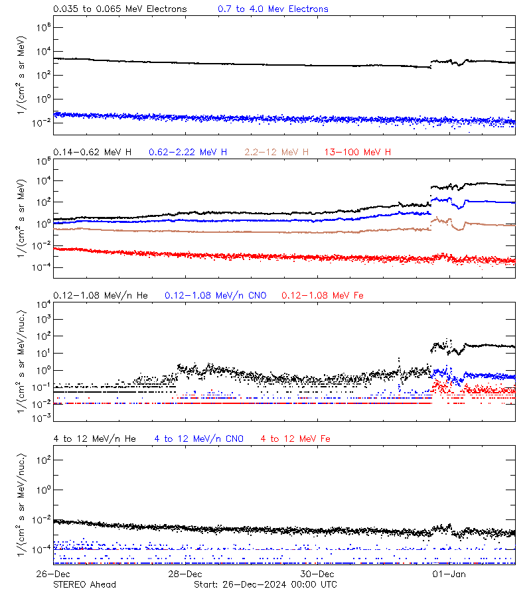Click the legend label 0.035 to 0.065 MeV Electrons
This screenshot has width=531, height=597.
pos(120,9)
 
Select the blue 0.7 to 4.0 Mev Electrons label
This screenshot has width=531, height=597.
pos(273,9)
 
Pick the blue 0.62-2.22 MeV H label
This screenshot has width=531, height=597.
pos(188,153)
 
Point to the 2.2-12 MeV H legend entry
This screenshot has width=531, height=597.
pos(277,153)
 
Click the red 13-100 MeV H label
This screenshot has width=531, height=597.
pos(358,153)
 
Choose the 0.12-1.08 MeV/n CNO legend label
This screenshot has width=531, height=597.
pos(215,295)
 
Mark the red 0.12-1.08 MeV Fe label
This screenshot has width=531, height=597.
pos(323,295)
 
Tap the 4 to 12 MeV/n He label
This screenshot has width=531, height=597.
pos(94,438)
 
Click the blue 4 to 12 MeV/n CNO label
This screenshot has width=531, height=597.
pos(199,438)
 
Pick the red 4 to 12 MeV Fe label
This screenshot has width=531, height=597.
pos(295,438)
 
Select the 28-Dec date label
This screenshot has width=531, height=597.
pos(185,574)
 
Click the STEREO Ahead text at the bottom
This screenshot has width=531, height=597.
pos(84,584)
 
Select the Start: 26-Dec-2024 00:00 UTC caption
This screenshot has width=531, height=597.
pos(265,584)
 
